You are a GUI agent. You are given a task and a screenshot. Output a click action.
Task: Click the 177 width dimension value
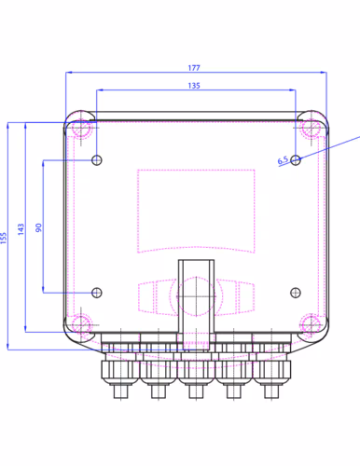194,68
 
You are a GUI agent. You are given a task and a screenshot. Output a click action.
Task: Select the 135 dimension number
194,86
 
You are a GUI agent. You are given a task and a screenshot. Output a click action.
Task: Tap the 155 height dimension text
4,238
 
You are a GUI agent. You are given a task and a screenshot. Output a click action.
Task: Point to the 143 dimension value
21,229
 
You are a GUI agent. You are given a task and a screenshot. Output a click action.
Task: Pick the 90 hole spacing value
38,227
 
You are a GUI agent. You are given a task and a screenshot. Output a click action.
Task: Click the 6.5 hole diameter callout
283,160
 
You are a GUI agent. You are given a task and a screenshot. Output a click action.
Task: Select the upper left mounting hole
97,160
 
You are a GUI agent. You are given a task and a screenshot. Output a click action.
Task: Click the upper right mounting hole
296,160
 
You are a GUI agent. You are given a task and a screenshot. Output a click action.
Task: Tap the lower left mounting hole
97,293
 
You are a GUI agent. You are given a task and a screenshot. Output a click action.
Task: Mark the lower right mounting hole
296,293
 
